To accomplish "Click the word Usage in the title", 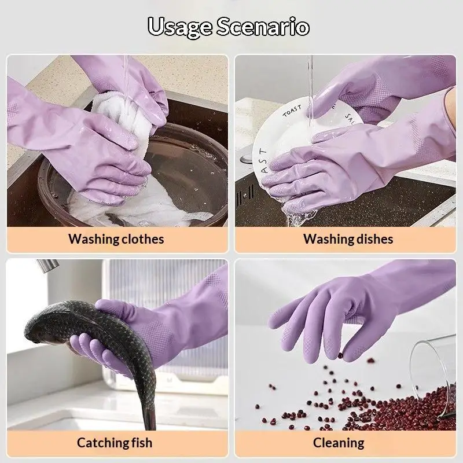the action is click(180, 27).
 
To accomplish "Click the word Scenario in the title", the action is click(263, 27).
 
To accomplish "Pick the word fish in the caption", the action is click(142, 442).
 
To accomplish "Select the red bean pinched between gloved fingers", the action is click(340, 355).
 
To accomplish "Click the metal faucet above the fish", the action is click(48, 265).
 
